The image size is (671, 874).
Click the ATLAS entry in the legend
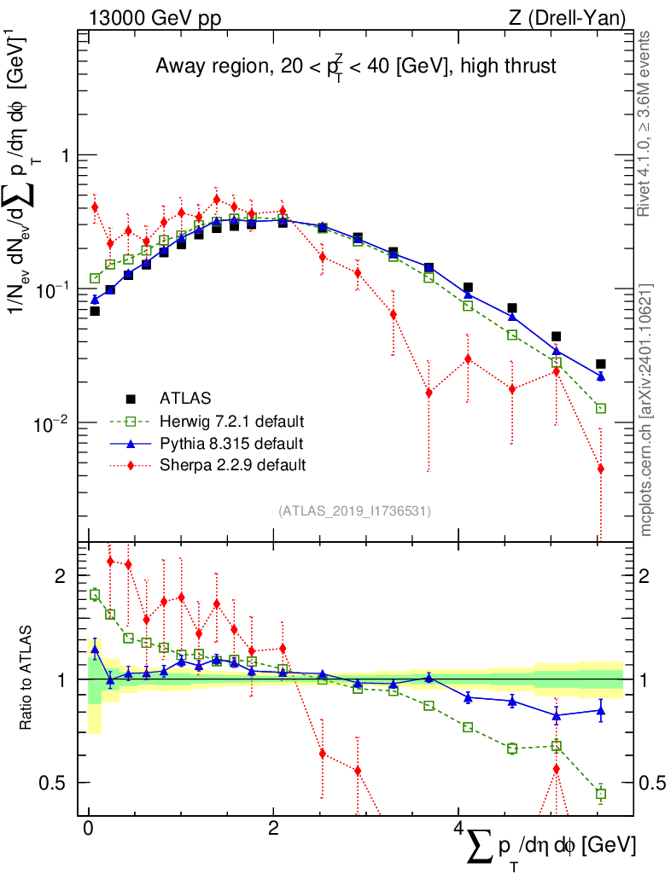pyautogui.click(x=186, y=398)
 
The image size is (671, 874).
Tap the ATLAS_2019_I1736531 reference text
pyautogui.click(x=354, y=511)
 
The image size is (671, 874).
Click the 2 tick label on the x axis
pyautogui.click(x=273, y=829)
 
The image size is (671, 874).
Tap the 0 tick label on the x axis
pyautogui.click(x=88, y=829)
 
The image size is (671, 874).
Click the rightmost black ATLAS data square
pyautogui.click(x=601, y=364)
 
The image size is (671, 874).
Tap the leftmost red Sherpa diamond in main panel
pyautogui.click(x=95, y=207)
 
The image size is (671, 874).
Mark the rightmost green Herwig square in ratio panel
pyautogui.click(x=601, y=794)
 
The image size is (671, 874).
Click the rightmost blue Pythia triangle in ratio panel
pyautogui.click(x=601, y=709)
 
